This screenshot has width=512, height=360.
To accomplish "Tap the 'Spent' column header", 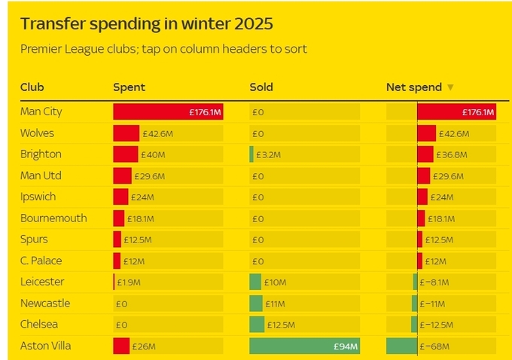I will pyautogui.click(x=129, y=87).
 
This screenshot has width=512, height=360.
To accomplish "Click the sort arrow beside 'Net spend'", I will pyautogui.click(x=450, y=87).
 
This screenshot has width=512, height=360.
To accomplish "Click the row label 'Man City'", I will pyautogui.click(x=41, y=111).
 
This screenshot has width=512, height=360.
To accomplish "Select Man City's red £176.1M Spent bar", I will pyautogui.click(x=167, y=112).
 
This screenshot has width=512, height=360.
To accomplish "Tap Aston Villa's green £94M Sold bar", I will pyautogui.click(x=304, y=346).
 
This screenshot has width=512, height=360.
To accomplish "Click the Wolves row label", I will pyautogui.click(x=38, y=133).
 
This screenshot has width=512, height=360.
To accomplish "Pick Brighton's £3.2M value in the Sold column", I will pyautogui.click(x=268, y=155).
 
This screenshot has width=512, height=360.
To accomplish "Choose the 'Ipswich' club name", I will pyautogui.click(x=38, y=197).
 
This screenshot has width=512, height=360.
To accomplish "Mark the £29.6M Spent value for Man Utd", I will pyautogui.click(x=148, y=176).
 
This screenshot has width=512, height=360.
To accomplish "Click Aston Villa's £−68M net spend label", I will pyautogui.click(x=436, y=346).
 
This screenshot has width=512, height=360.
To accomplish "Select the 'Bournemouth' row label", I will pyautogui.click(x=53, y=218).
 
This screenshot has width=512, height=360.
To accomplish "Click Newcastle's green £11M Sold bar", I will pyautogui.click(x=256, y=304).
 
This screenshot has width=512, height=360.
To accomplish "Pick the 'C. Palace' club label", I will pyautogui.click(x=41, y=261).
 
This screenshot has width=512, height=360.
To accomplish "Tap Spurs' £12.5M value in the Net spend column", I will pyautogui.click(x=440, y=240).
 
